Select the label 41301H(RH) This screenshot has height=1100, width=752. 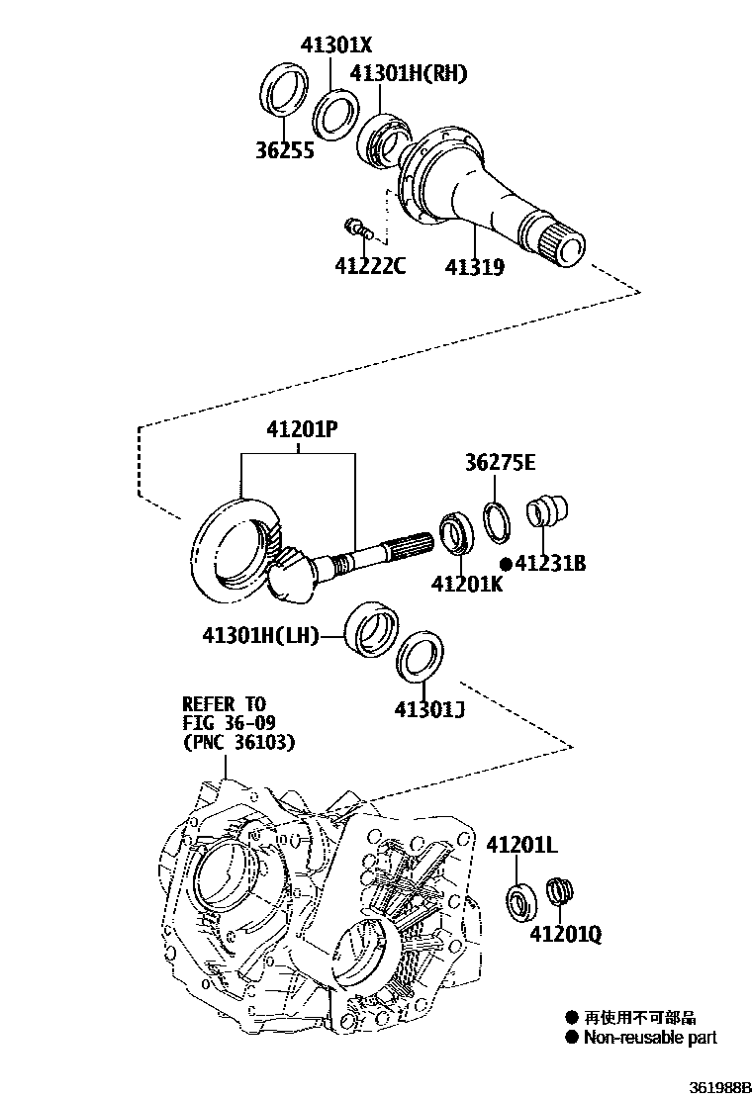[408, 74]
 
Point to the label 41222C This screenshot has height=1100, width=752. [370, 265]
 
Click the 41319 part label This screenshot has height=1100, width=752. [474, 266]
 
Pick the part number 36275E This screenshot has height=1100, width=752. [501, 462]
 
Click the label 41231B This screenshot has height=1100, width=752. [550, 563]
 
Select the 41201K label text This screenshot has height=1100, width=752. [466, 584]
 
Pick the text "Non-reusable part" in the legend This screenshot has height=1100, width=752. [649, 1038]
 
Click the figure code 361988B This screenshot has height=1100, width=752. [718, 1086]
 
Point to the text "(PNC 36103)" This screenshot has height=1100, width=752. [237, 741]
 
